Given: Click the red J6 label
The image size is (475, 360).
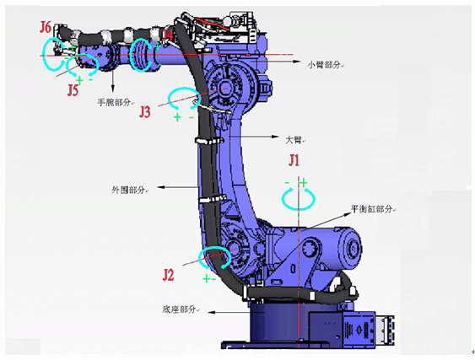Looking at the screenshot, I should click(x=46, y=27).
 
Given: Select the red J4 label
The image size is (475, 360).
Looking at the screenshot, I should click(x=168, y=33).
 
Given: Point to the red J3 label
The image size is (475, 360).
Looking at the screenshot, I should click(x=145, y=111).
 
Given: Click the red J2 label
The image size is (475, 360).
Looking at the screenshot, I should click(x=169, y=274).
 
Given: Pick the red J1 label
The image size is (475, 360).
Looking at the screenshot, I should click(x=294, y=159).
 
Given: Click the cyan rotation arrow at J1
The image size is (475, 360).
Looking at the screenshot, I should click(x=294, y=198).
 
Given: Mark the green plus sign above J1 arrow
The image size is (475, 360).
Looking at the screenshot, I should click(x=303, y=182).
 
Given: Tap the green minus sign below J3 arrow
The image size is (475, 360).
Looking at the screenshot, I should click(x=192, y=117).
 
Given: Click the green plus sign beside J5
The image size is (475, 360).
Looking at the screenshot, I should click(x=78, y=79).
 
